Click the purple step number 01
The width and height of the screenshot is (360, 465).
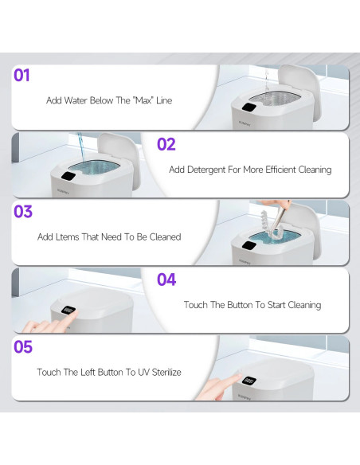[22, 76]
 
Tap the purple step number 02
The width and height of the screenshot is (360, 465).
[166, 144]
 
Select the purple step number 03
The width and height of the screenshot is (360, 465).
[23, 212]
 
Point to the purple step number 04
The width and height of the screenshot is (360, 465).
[166, 279]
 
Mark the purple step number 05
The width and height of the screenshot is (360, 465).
[23, 347]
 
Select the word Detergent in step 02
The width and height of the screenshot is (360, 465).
[209, 170]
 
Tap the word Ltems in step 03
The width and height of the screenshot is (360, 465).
[66, 236]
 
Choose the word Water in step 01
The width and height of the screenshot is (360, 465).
[78, 101]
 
